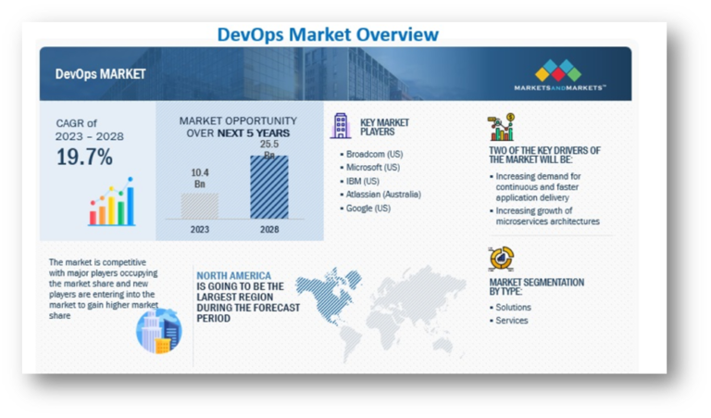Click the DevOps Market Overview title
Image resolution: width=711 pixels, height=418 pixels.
327,34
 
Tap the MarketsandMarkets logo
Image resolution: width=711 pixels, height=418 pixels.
559,74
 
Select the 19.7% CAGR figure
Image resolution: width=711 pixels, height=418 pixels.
84,157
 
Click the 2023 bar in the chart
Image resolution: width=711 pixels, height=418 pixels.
200,205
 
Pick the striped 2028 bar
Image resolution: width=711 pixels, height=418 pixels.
268,187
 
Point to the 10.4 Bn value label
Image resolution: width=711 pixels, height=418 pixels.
200,176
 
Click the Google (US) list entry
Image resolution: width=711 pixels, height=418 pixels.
369,209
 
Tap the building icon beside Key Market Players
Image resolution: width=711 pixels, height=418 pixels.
341,125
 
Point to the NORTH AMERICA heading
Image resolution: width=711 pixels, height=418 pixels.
233,275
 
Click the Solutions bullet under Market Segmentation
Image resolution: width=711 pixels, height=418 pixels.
513,307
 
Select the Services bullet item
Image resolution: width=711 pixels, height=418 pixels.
511,321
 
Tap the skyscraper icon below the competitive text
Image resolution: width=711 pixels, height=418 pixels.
159,330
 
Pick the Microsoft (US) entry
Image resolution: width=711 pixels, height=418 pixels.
373,168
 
